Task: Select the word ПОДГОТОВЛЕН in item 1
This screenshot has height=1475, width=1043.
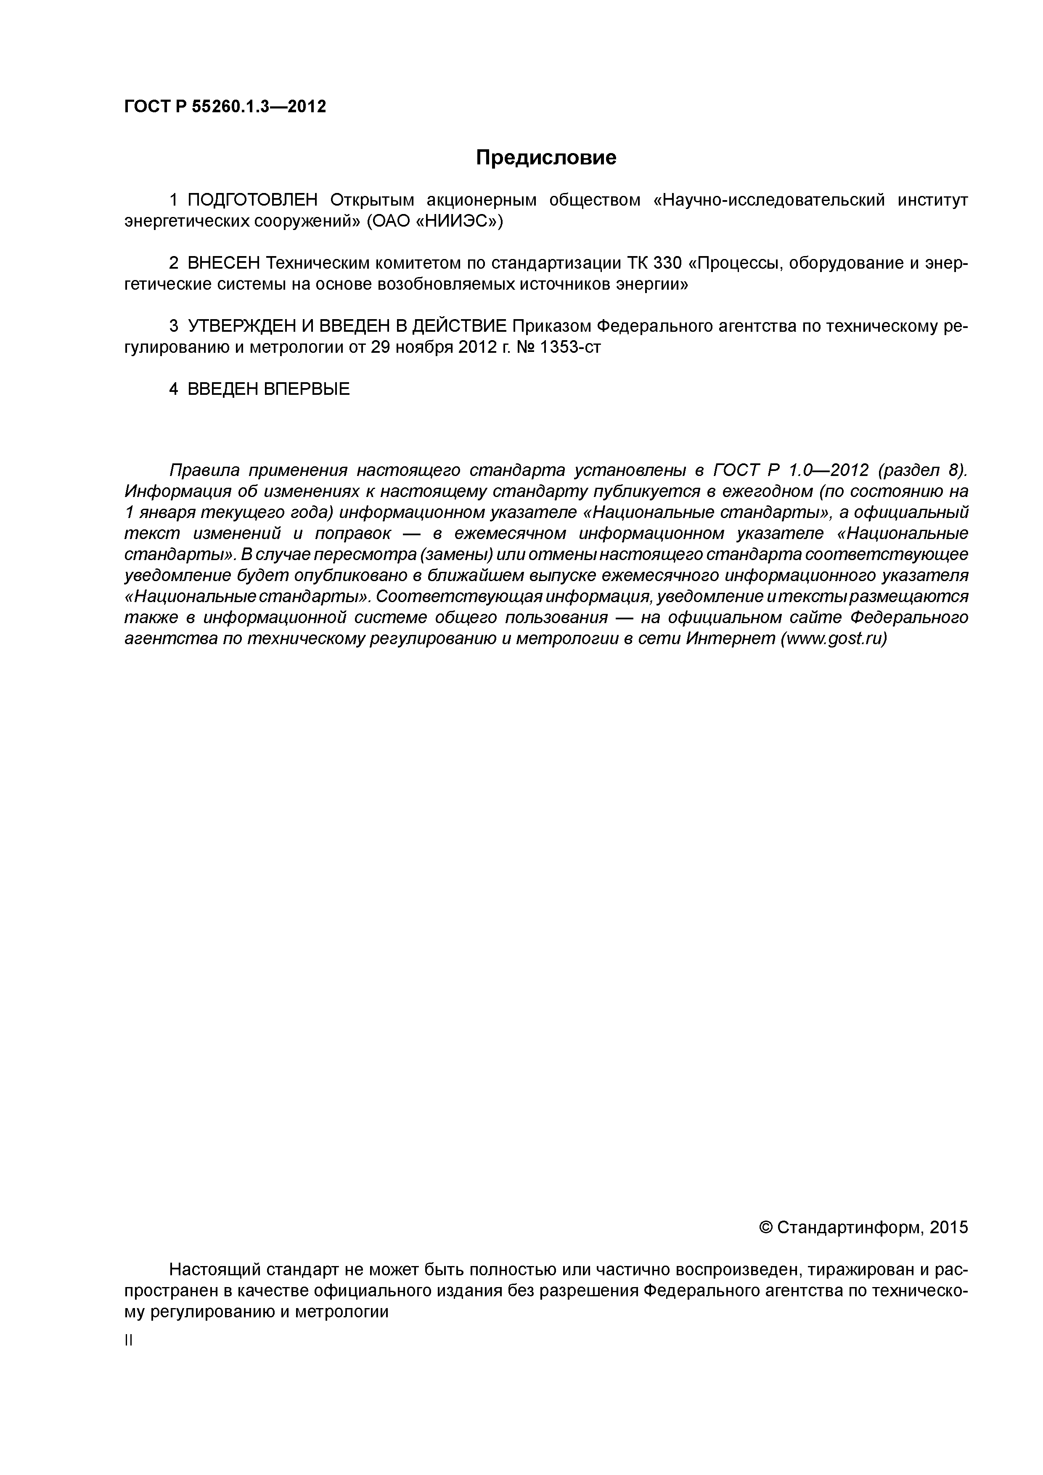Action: pos(253,201)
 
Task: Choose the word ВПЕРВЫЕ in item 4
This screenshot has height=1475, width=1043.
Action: pos(307,389)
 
